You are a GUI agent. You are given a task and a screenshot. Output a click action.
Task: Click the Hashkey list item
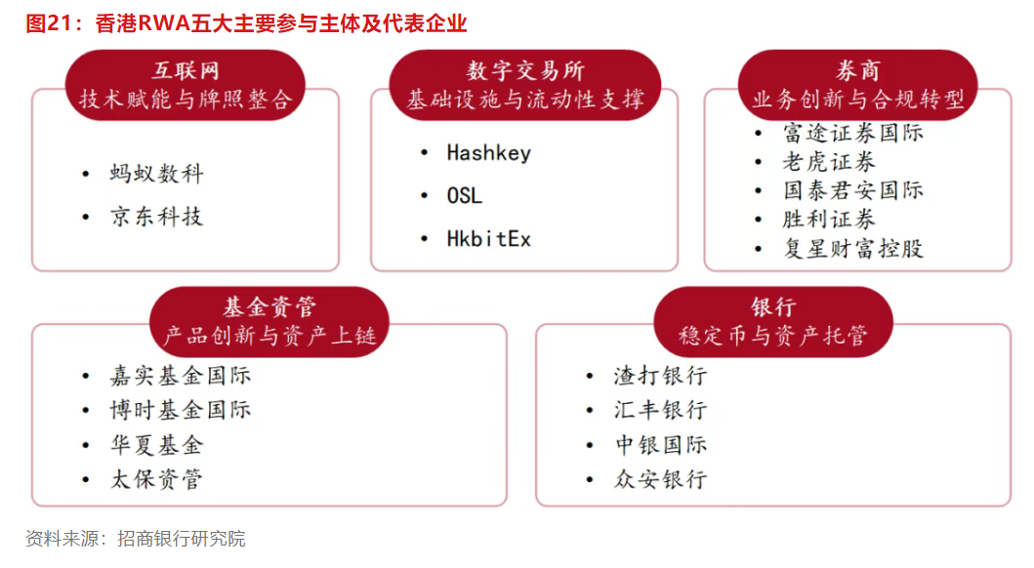pos(488,153)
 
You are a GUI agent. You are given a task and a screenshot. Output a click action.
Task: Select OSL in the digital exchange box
pos(464,196)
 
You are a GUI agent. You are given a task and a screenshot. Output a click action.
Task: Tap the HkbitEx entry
pos(488,238)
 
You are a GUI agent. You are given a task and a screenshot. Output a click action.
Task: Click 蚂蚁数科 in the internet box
pos(157,174)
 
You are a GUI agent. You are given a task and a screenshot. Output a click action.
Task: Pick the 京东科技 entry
pos(157,216)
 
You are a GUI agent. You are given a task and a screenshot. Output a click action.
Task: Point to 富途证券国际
pos(853,133)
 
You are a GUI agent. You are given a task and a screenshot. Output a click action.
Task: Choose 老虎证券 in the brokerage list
pos(829,162)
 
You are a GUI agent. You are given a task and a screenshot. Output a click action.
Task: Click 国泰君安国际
pos(853,190)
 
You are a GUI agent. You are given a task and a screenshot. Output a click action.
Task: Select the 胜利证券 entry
pos(829,220)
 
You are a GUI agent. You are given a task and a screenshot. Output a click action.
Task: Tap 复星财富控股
pos(853,249)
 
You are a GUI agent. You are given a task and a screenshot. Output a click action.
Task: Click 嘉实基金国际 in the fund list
pos(181,376)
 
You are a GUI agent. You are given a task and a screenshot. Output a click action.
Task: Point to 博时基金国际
pos(181,410)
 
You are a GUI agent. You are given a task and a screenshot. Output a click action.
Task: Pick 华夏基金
pos(157,445)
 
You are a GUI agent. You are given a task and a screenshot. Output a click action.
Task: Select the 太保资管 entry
pos(157,479)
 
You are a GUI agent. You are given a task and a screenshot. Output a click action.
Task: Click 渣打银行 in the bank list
pos(661,376)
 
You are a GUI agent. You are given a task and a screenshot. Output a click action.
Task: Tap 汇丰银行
pos(661,410)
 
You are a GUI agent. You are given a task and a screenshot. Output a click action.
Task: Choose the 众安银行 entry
pos(661,479)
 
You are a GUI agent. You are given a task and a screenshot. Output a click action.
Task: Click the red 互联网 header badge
pos(186,85)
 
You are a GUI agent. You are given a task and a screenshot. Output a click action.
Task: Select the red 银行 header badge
pos(773,321)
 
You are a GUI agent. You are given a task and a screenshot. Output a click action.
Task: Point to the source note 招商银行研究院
pos(182,539)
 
